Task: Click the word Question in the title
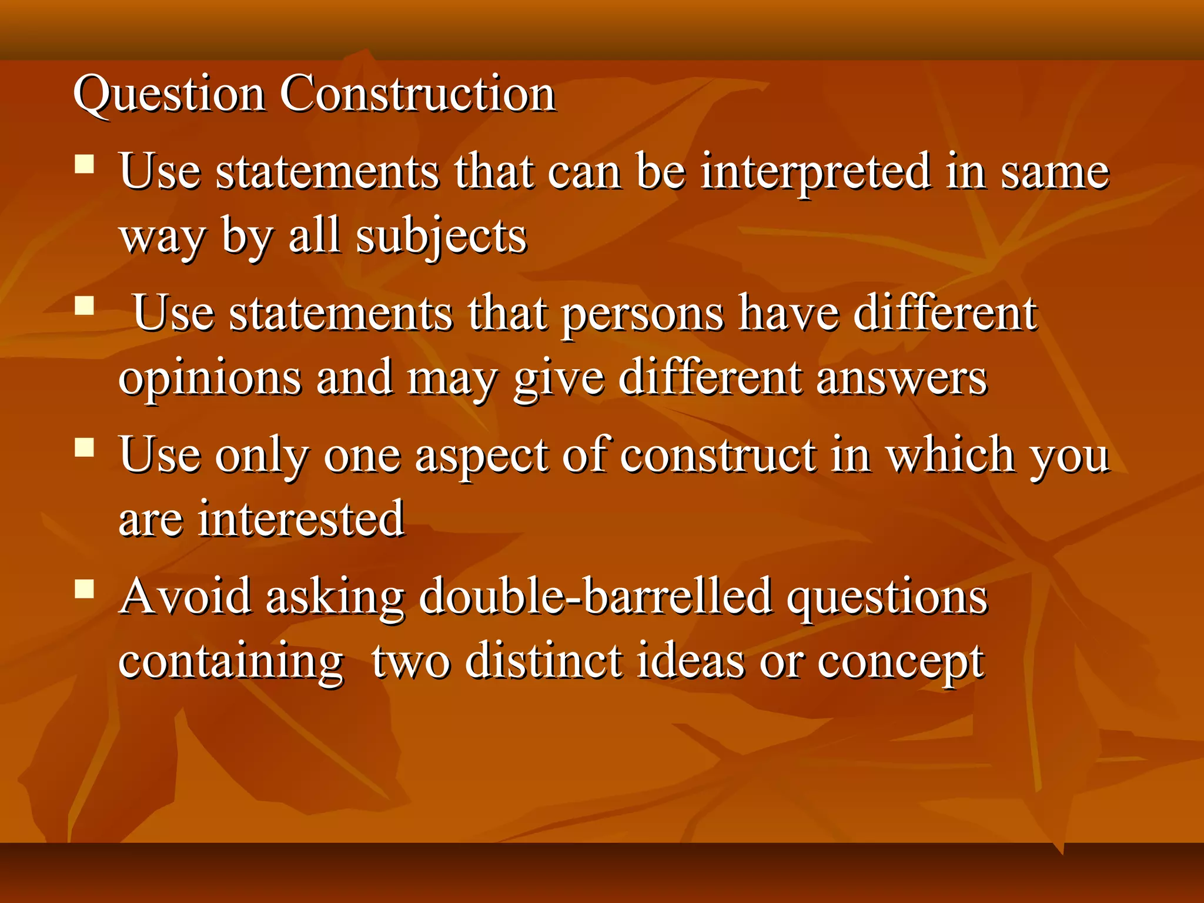pos(169,94)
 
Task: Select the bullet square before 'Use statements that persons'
pos(85,306)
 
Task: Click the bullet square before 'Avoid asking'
pos(85,588)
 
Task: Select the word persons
pos(643,314)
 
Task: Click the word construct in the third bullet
pos(718,456)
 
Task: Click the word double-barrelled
pos(595,597)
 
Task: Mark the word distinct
pos(544,661)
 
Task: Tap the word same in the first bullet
pos(1055,172)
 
